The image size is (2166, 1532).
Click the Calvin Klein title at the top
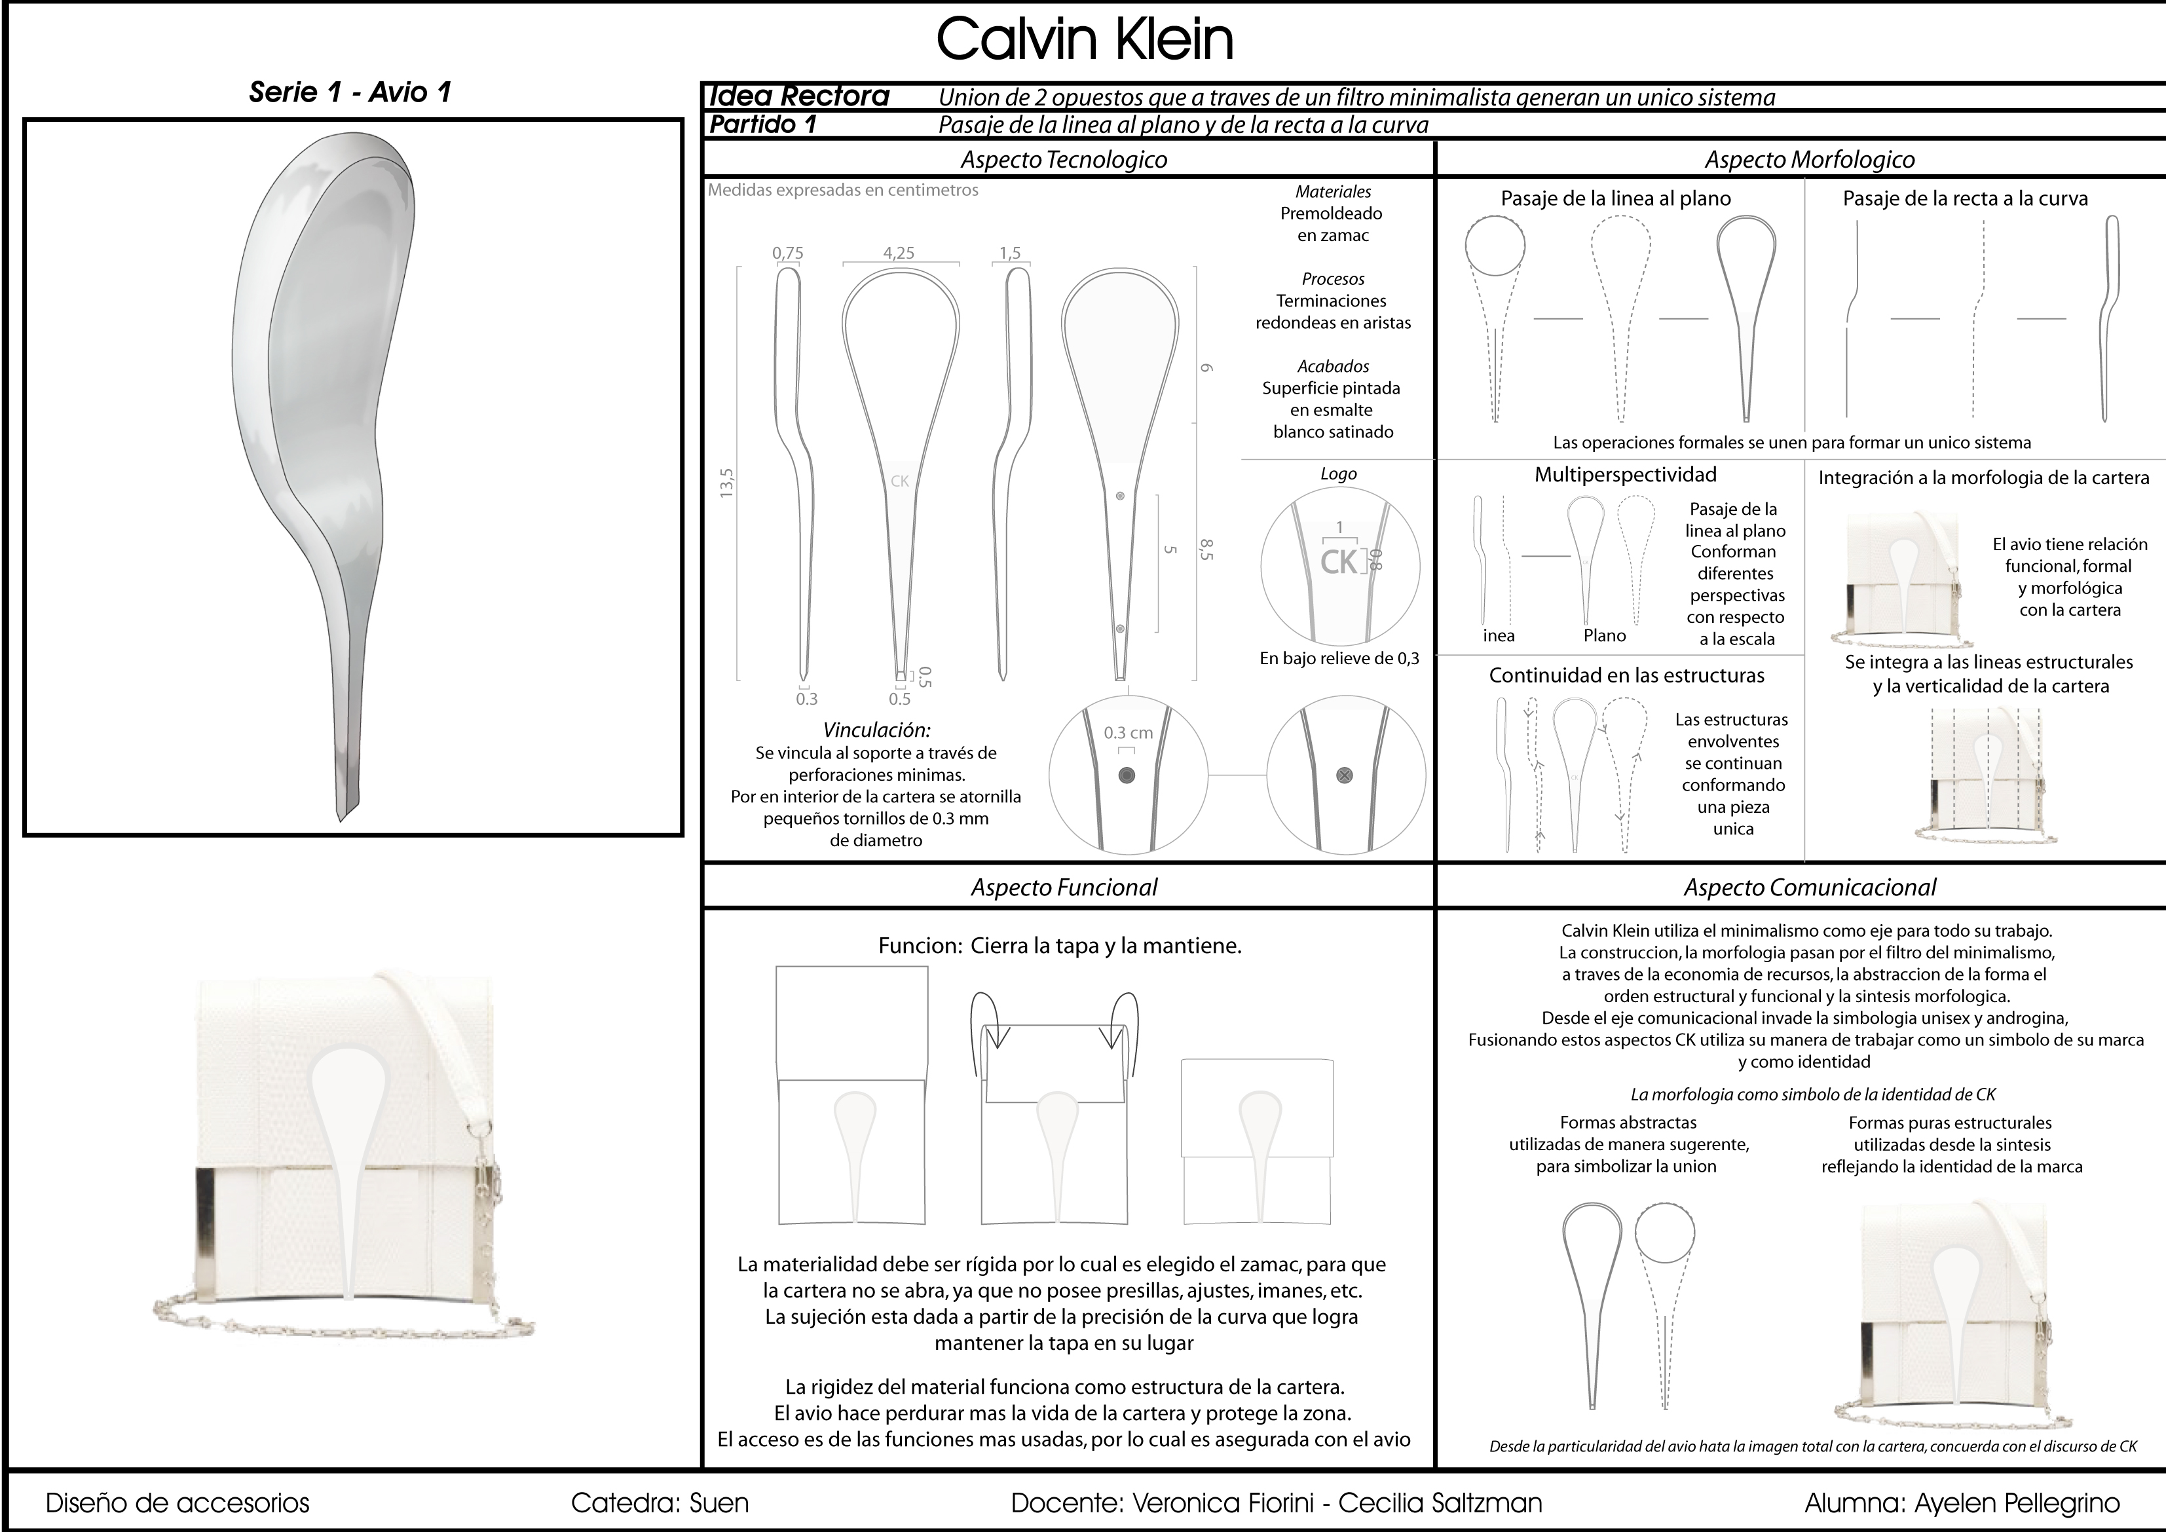pyautogui.click(x=1084, y=39)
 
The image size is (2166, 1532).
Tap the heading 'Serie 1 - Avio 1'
pyautogui.click(x=350, y=92)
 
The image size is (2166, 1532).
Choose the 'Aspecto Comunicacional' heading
pyautogui.click(x=1810, y=887)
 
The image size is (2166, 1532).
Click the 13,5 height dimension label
pyautogui.click(x=726, y=482)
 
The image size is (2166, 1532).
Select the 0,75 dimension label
pyautogui.click(x=788, y=253)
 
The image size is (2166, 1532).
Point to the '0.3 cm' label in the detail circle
pyautogui.click(x=1129, y=732)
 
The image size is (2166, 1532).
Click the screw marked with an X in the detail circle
pyautogui.click(x=1345, y=775)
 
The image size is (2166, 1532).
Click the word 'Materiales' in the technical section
pyautogui.click(x=1333, y=191)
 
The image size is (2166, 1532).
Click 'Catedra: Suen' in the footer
pyautogui.click(x=660, y=1503)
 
